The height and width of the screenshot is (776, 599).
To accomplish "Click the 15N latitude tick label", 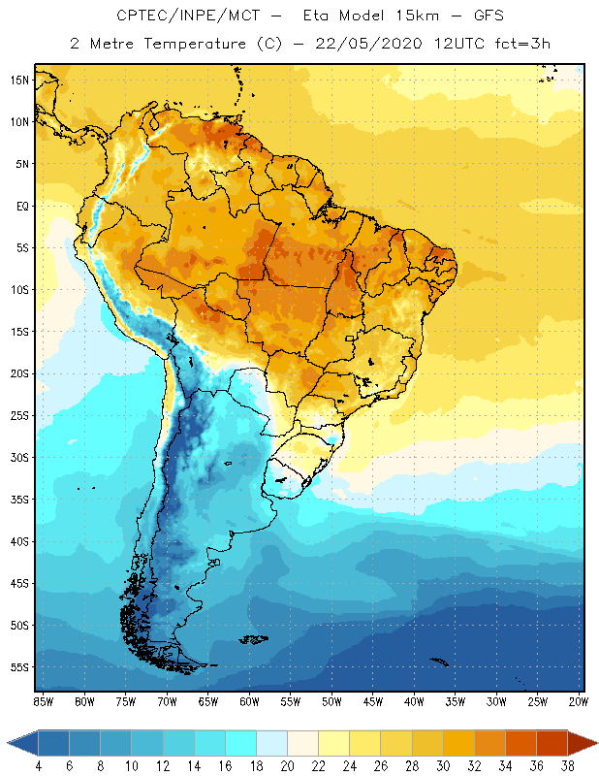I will coord(20,80).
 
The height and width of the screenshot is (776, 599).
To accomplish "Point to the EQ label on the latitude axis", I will coord(20,206).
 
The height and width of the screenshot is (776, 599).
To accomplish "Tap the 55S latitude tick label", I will coord(20,667).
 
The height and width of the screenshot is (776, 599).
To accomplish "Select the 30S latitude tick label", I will coord(20,457).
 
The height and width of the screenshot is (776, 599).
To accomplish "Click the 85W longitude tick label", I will coord(43,700).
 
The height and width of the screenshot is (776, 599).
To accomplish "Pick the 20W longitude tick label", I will coord(579,700).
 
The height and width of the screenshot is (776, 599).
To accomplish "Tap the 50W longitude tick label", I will coord(331,700).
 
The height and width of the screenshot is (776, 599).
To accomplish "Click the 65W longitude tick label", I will coord(207,700).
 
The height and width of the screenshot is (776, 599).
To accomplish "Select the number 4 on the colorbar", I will coord(39,766).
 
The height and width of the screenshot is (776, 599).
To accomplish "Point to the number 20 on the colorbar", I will coord(287,766).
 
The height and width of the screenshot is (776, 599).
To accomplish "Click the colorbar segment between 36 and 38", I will coord(552,743).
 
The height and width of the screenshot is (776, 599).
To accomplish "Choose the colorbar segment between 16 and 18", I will coord(240,743).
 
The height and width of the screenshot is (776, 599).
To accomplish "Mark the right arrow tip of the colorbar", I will coord(594,743).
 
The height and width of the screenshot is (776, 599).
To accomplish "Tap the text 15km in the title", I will coord(413,16).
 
